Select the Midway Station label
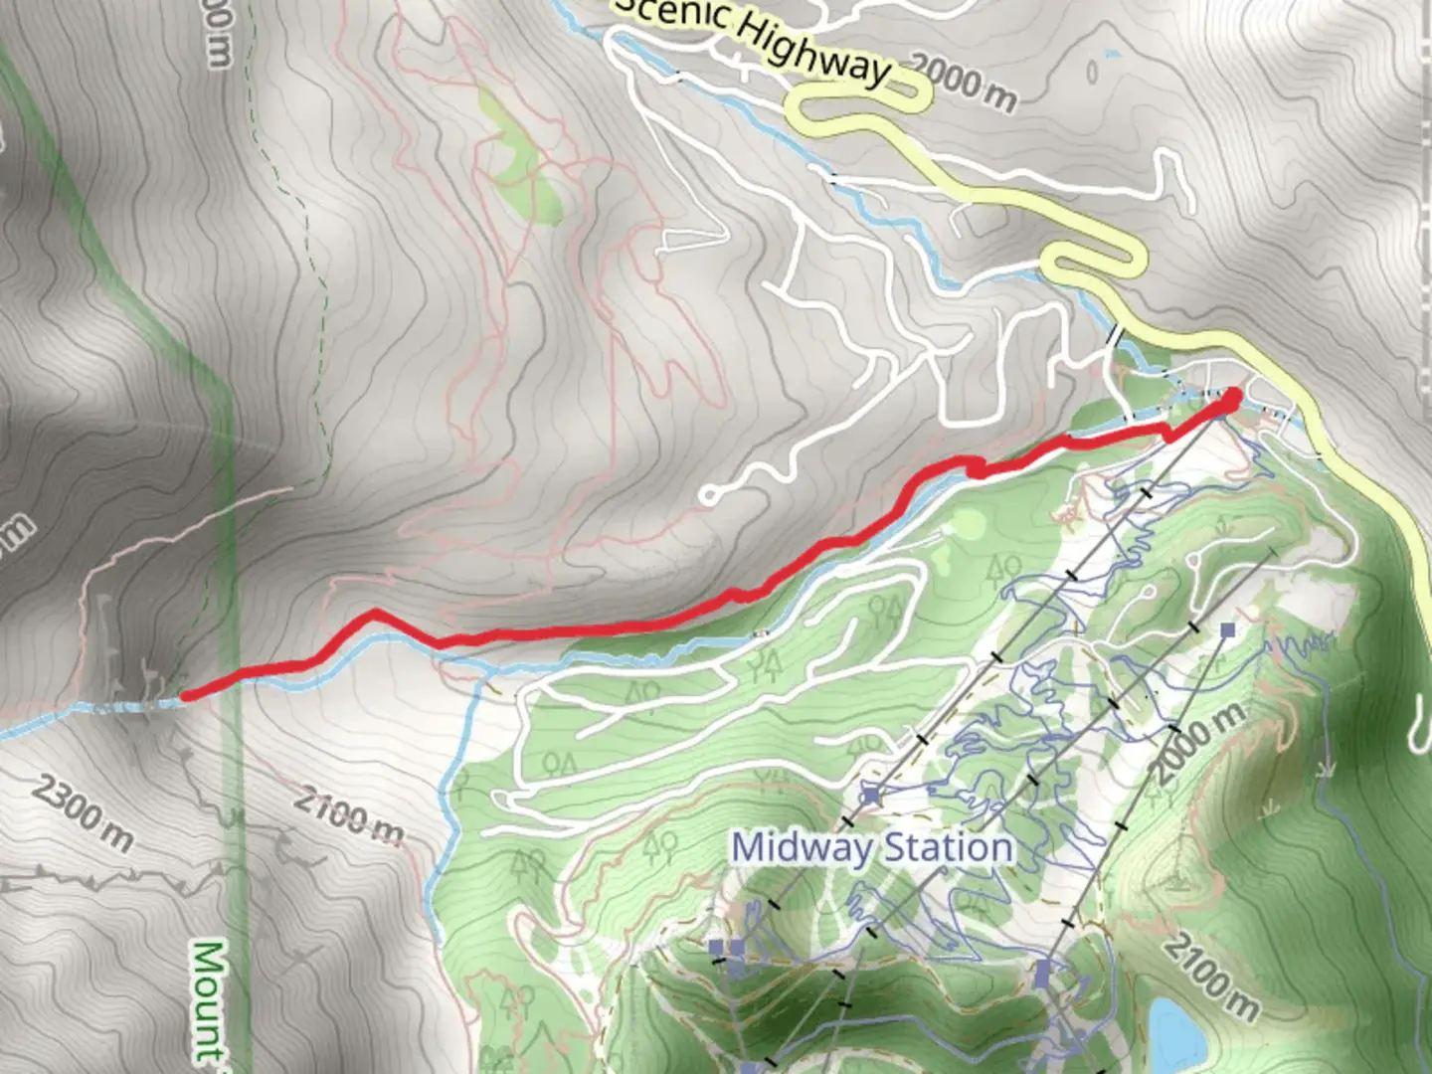tap(872, 848)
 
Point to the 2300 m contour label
tap(82, 813)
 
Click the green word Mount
tap(206, 999)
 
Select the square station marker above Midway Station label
tap(871, 795)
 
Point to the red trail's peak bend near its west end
tap(374, 614)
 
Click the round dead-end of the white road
tap(709, 495)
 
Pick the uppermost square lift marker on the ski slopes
tap(1228, 629)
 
